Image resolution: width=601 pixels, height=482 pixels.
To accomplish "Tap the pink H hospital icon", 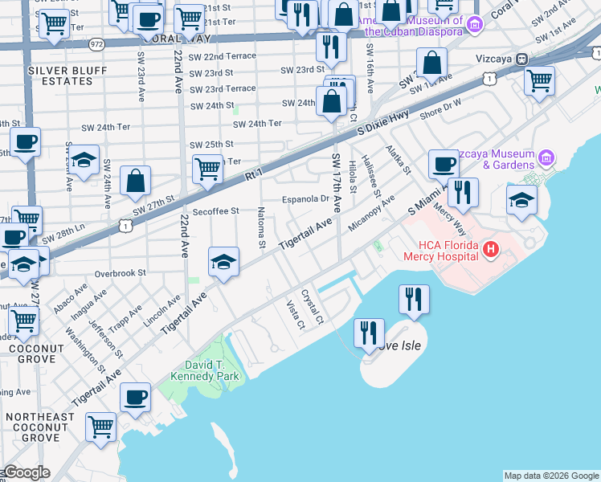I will [490, 251].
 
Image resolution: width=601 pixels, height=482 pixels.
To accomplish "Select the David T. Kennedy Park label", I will [206, 370].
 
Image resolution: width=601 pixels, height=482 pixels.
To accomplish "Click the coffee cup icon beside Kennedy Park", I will [135, 396].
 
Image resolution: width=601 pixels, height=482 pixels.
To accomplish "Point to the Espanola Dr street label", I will [305, 199].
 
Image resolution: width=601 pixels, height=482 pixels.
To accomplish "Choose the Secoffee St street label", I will [213, 211].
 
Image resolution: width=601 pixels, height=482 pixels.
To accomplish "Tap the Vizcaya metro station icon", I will [521, 58].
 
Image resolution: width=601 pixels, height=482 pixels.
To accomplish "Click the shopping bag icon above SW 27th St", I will [136, 182].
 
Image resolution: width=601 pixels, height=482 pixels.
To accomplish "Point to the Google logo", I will [26, 472].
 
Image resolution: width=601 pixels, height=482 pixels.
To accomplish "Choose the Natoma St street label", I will [261, 227].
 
